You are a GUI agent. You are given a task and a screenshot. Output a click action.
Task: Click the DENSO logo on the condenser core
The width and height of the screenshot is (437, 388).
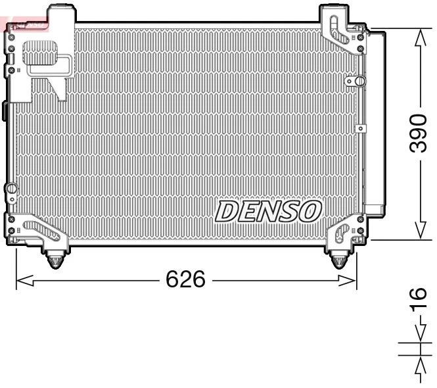[x=268, y=211]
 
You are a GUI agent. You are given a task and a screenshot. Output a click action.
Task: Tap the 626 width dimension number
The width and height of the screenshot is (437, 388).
[x=185, y=280]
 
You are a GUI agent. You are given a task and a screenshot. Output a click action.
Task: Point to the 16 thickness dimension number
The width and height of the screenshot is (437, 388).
[x=419, y=301]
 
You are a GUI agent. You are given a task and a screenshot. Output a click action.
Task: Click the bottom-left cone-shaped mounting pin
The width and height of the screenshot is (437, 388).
[x=56, y=260]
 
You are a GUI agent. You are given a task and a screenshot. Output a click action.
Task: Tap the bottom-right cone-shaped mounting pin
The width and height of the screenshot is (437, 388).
[x=338, y=260]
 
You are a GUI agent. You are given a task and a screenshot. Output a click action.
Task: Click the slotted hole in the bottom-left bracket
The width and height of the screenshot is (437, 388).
[x=41, y=230]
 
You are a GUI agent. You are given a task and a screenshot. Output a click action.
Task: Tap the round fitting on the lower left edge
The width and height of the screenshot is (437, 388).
[x=11, y=189]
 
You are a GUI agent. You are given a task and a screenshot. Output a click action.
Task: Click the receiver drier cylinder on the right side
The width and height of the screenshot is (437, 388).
[x=375, y=122]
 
